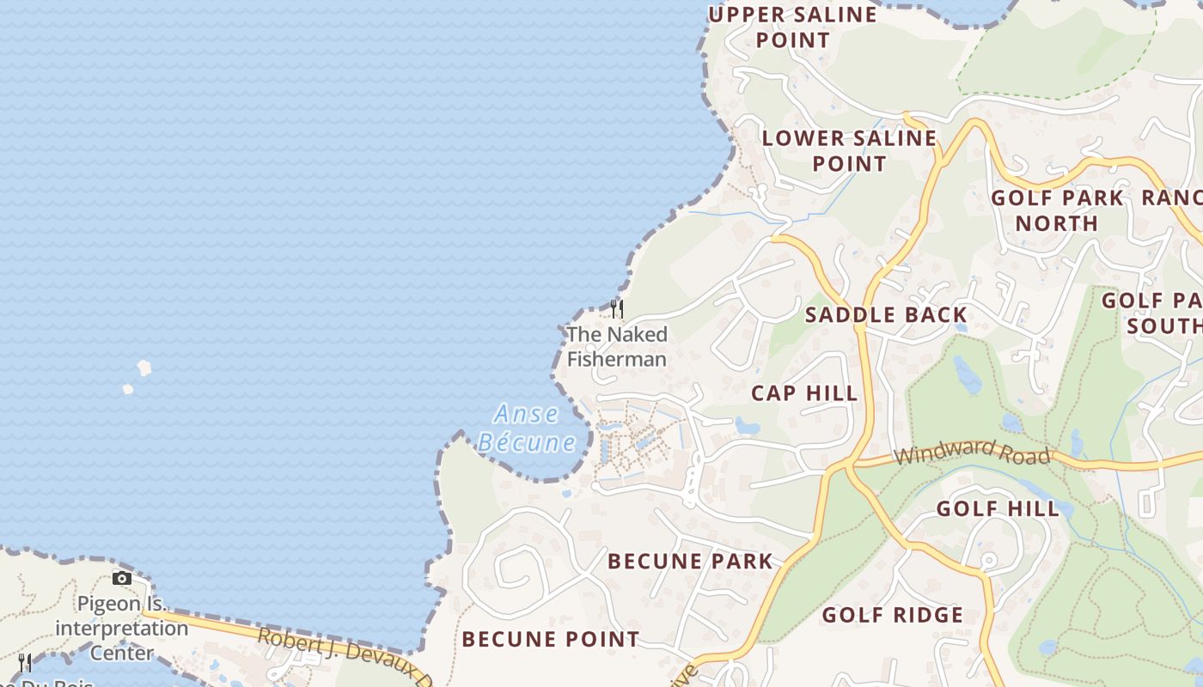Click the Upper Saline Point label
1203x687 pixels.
click(792, 27)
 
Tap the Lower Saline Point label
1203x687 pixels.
click(849, 150)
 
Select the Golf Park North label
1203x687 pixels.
click(1057, 210)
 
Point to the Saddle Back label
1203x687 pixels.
click(886, 315)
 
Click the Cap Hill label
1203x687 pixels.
click(804, 393)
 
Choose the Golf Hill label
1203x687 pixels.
click(998, 508)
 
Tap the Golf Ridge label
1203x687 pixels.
click(893, 615)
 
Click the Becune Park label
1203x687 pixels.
click(690, 562)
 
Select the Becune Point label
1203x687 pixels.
click(550, 639)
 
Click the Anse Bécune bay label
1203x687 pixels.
click(527, 428)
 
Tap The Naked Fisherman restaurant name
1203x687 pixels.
click(617, 346)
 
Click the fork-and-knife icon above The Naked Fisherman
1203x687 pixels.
click(616, 308)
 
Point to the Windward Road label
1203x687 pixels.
click(972, 451)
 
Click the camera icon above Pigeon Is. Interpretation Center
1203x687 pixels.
click(122, 578)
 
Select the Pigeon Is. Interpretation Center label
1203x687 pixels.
click(122, 628)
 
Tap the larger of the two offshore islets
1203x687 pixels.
click(144, 368)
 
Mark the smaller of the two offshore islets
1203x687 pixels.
click(127, 389)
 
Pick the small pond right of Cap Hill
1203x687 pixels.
click(746, 425)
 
